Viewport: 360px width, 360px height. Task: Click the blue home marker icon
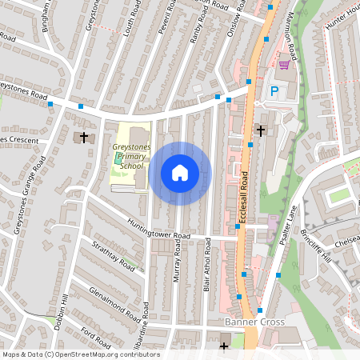(180, 172)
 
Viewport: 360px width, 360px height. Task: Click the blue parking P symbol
(274, 92)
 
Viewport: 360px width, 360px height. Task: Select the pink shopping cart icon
(282, 65)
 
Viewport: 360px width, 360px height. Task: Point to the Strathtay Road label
(111, 255)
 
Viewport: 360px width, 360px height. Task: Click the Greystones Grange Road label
(30, 195)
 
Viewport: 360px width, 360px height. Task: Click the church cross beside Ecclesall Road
(260, 130)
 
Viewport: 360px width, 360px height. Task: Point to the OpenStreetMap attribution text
(81, 354)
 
